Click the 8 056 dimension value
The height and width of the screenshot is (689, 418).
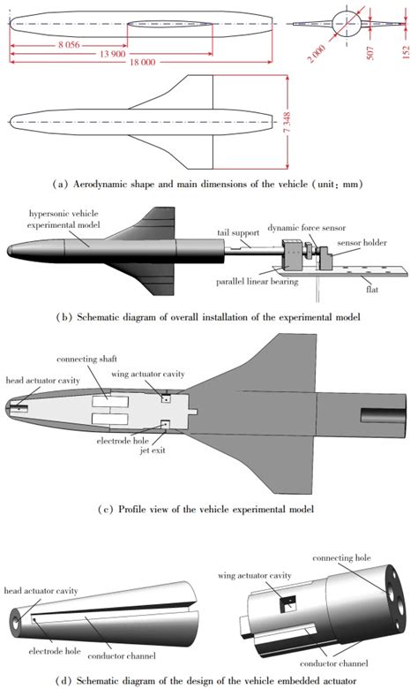click(70, 45)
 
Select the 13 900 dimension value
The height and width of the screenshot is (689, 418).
click(112, 54)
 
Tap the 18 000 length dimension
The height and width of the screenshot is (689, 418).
click(143, 63)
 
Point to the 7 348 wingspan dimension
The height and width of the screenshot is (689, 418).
click(287, 123)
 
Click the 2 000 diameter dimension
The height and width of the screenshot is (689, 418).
click(317, 54)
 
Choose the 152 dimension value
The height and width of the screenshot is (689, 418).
click(407, 52)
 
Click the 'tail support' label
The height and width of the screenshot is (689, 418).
click(238, 233)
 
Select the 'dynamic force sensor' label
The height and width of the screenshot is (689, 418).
click(307, 228)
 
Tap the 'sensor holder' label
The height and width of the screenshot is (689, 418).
click(362, 243)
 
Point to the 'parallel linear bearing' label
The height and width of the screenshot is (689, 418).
click(257, 282)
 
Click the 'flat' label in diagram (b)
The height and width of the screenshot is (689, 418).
click(372, 289)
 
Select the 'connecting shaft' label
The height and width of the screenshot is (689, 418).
click(86, 359)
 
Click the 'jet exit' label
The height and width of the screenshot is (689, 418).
click(153, 450)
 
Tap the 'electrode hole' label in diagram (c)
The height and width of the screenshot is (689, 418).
click(123, 440)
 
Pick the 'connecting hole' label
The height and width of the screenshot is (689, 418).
click(341, 557)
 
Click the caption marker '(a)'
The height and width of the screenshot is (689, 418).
click(60, 184)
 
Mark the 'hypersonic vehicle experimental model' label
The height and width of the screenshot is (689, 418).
click(63, 219)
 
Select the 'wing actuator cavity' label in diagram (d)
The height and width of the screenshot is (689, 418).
click(254, 575)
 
